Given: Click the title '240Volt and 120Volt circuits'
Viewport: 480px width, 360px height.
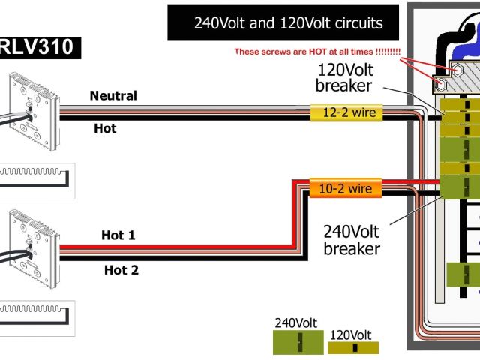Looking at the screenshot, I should (x=288, y=23).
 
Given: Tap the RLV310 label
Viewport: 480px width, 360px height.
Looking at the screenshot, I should (x=37, y=48).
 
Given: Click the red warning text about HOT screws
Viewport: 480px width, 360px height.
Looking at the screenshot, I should (x=317, y=52).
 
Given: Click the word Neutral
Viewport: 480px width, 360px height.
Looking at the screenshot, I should (x=113, y=96).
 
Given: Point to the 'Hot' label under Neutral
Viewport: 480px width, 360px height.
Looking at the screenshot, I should (x=105, y=129).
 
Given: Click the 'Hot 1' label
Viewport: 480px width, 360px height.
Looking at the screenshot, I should (x=118, y=235).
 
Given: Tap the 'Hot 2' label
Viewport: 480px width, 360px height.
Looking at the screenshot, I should (x=121, y=270).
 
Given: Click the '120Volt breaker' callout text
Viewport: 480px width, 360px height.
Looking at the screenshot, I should (x=344, y=78).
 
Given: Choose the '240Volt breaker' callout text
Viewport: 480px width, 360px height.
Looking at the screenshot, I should (x=351, y=239).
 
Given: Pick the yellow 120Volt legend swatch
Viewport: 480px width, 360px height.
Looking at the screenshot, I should (x=353, y=347).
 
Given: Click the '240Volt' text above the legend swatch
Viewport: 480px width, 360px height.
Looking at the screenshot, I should (x=296, y=323).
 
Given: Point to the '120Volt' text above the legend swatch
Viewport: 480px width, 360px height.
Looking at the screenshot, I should (x=350, y=334).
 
